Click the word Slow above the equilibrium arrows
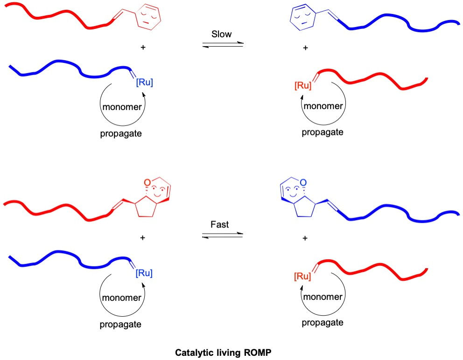tap(222, 34)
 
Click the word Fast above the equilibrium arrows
tap(219, 225)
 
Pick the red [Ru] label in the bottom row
tap(303, 277)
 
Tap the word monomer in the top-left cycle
tap(121, 107)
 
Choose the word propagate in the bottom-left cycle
tap(120, 325)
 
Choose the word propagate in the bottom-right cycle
tap(323, 323)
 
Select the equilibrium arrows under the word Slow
tap(223, 44)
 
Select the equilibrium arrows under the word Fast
tap(222, 235)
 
